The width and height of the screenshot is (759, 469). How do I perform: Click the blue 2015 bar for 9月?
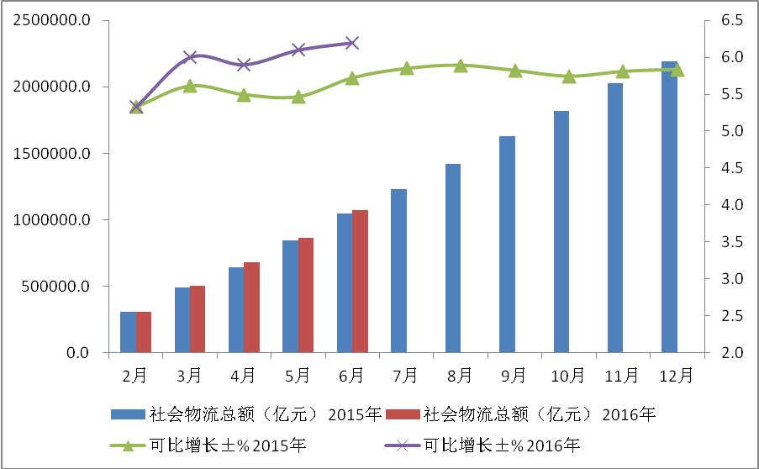[x=507, y=245]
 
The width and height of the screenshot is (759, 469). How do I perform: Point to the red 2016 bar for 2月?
[x=143, y=332]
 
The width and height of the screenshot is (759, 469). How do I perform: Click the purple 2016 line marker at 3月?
[x=189, y=57]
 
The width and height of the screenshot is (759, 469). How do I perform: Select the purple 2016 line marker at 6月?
[x=352, y=43]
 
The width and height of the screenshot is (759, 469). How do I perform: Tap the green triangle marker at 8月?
[x=461, y=65]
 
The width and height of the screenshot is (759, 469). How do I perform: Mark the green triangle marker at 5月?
[x=298, y=97]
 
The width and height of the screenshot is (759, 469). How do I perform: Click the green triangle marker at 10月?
[x=569, y=76]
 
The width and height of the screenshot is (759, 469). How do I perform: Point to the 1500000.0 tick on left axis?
[x=53, y=153]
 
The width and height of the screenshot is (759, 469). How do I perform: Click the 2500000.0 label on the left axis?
[x=53, y=20]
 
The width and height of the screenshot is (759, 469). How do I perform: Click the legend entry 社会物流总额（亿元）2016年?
[x=538, y=414]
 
